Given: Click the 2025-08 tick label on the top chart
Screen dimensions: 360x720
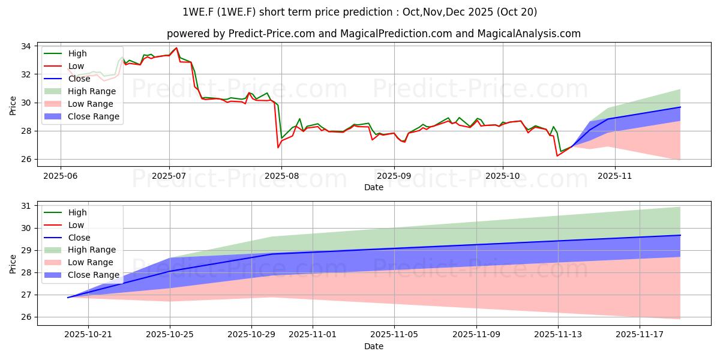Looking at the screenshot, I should tap(281, 176).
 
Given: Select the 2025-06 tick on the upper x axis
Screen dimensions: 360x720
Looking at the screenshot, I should tap(61, 176).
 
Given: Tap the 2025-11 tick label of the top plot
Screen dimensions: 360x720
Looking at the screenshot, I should tap(614, 176).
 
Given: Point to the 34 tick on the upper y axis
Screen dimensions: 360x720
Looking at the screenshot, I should tap(26, 46).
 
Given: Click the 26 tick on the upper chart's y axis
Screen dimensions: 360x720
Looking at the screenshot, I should tap(26, 159).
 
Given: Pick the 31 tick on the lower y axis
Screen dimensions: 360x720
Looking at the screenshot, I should tap(26, 206).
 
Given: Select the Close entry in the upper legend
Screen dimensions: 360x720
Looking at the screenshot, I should tap(80, 79).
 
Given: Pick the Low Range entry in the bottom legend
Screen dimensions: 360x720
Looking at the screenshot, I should tap(91, 262).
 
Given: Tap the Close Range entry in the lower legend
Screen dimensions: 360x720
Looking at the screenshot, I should tap(94, 275).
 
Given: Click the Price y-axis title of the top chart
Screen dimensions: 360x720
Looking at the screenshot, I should tap(13, 105).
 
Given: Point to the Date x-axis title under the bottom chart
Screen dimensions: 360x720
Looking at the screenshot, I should tap(374, 347).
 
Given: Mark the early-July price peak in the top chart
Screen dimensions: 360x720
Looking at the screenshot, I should tap(176, 48).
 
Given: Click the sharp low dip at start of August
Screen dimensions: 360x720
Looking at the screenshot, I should tap(278, 147).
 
